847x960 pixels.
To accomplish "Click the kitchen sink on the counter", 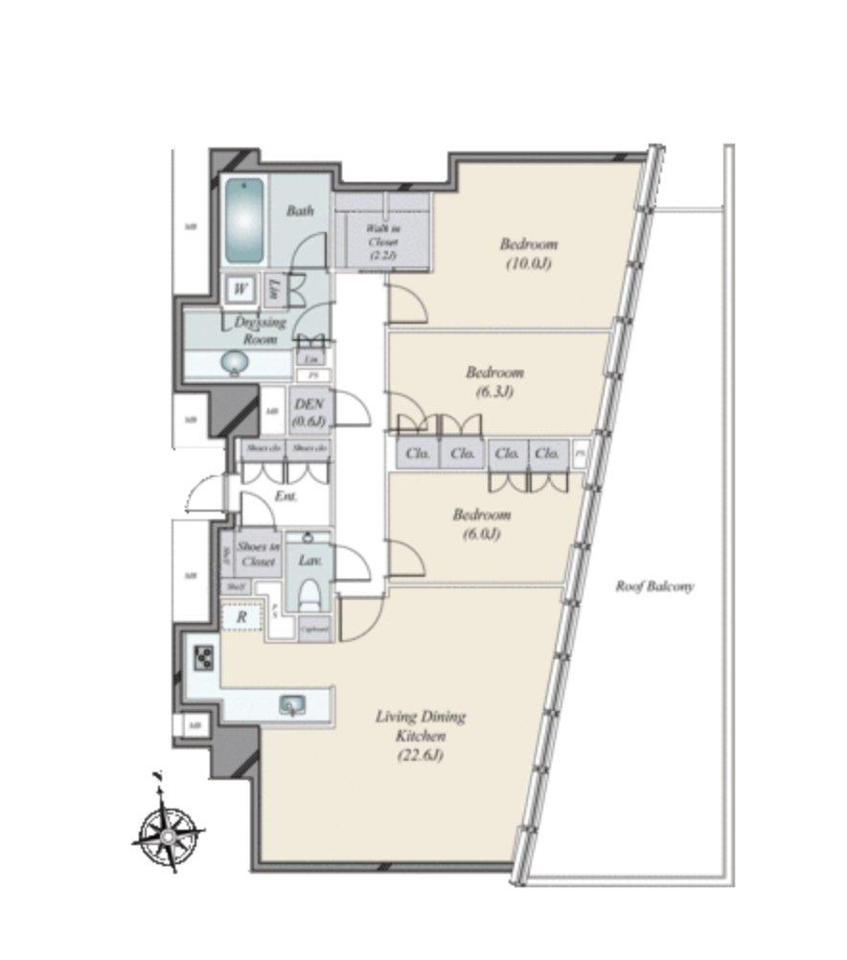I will point(291,706).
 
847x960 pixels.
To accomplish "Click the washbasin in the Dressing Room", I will point(233,363).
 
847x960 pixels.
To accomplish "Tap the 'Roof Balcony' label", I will point(654,586).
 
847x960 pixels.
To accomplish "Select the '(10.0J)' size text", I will point(528,263).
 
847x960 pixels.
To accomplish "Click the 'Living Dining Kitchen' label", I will point(421,725).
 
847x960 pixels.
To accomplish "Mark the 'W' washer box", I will point(240,287).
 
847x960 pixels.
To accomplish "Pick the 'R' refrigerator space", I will point(241,618).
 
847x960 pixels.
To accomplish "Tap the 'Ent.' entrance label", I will point(285,496).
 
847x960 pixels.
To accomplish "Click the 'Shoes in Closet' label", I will point(258,554).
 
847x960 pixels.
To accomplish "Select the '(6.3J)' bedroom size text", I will point(494,391).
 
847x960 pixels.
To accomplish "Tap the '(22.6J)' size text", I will point(421,756).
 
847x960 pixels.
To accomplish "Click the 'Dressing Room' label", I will point(260,331).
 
